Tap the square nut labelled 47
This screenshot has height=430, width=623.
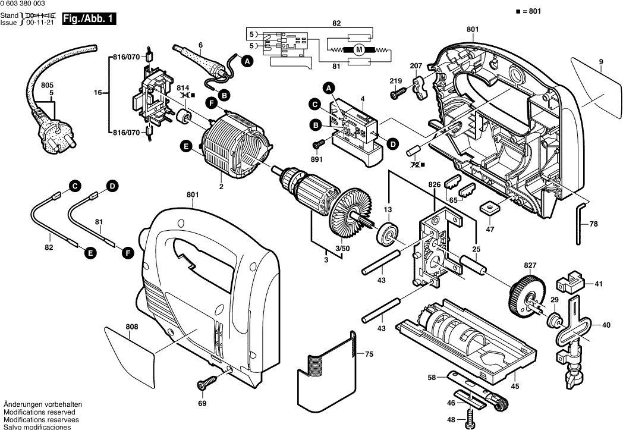[491, 208]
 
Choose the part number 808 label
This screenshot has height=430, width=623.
[131, 327]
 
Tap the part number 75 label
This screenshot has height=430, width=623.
[369, 354]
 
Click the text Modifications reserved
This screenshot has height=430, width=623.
[39, 412]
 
